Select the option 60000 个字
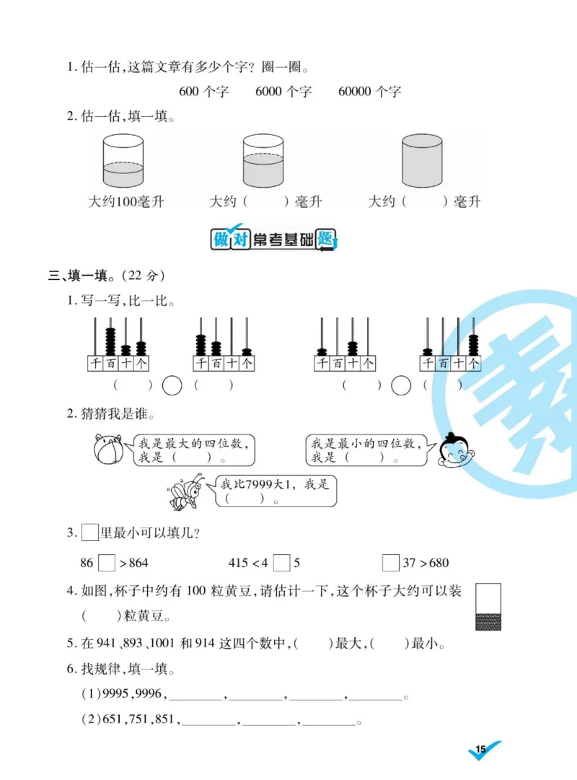pos(369,91)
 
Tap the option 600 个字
pos(203,91)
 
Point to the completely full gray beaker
pos(421,160)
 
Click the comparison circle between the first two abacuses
pos(172,385)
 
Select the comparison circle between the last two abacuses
pos(400,385)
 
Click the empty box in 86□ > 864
pos(106,562)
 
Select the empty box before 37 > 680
pos(391,562)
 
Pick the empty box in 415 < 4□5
pos(282,562)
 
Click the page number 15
pos(482,750)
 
